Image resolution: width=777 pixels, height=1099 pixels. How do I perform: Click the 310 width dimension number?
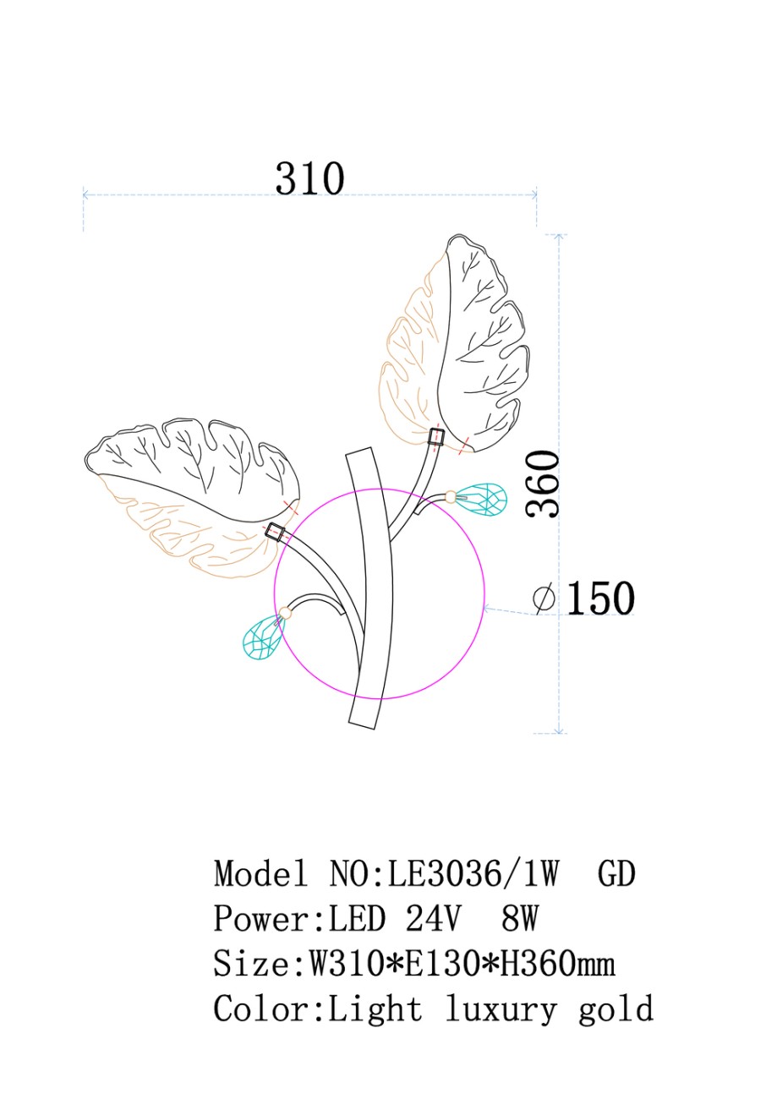click(x=309, y=178)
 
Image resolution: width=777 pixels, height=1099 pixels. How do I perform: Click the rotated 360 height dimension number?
click(x=543, y=484)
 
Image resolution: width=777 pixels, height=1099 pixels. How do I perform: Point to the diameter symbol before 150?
click(x=544, y=598)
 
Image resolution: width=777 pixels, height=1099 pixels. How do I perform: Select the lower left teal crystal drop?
click(x=264, y=636)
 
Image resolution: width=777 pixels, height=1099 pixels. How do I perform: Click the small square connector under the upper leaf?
click(x=435, y=436)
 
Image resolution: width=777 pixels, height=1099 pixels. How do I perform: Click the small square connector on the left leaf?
click(x=276, y=532)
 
